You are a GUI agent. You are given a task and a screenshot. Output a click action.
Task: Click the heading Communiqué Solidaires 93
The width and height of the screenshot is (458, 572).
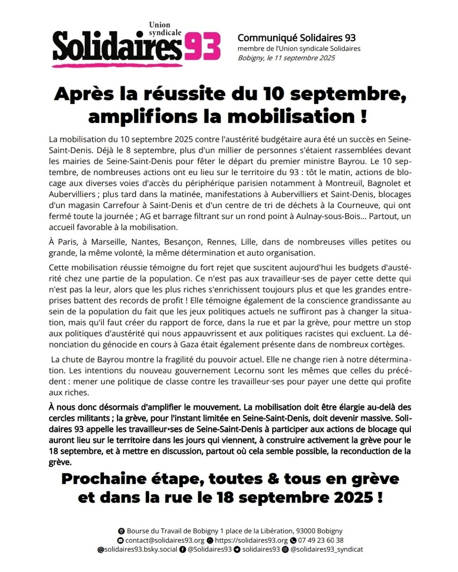click(296, 38)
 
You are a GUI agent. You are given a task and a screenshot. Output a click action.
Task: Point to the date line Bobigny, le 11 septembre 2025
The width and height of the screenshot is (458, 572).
click(286, 58)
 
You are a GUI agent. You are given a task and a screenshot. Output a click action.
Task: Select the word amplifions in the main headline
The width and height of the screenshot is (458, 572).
click(142, 117)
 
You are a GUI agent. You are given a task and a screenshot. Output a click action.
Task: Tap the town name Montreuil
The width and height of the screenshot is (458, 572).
click(344, 183)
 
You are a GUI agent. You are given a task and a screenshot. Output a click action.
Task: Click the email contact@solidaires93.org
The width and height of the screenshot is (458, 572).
click(165, 540)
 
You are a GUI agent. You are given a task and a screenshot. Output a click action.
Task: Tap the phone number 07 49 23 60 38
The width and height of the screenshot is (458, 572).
click(321, 540)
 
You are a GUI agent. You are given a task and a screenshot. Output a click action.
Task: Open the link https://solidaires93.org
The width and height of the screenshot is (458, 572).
click(251, 540)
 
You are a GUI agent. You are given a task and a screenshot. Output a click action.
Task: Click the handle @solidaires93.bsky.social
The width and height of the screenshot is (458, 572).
click(137, 550)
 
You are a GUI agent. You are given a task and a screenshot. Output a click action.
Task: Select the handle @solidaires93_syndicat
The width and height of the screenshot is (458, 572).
click(327, 550)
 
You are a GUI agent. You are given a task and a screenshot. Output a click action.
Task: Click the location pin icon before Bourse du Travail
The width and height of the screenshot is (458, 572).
click(121, 531)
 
